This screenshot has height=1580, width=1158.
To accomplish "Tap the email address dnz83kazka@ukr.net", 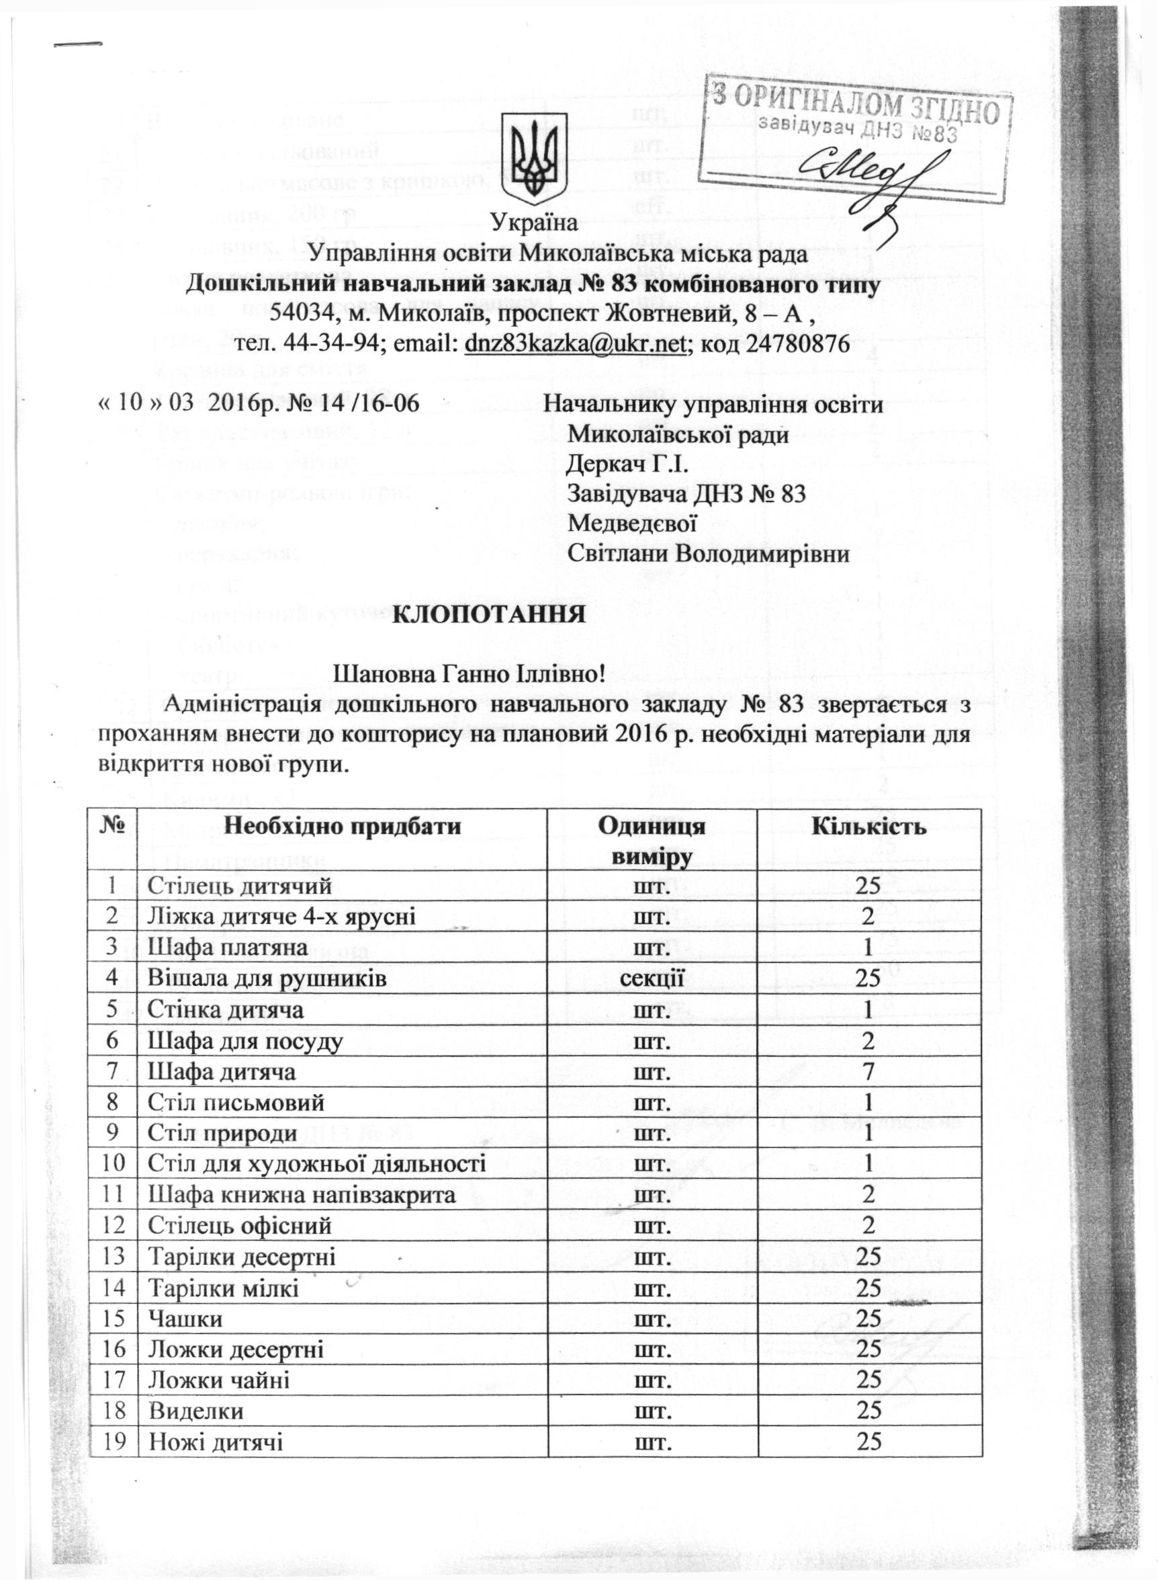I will tap(574, 343).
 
